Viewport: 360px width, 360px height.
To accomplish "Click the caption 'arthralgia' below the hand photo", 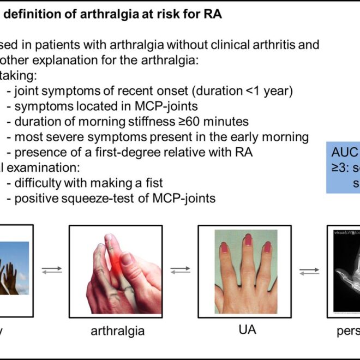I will (x=118, y=331).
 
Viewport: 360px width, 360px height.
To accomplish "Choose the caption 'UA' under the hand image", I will (x=247, y=329).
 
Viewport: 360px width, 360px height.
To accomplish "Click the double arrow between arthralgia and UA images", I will (x=180, y=270).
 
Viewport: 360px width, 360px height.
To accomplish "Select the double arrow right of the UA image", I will (x=309, y=271).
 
